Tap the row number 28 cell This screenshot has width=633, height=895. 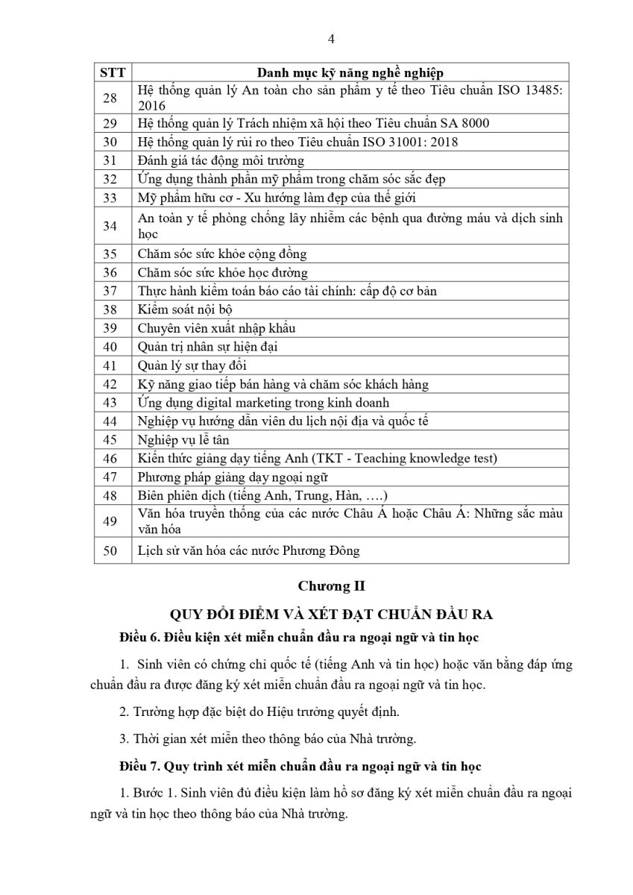coord(110,98)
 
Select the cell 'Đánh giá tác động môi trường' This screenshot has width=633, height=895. coord(221,160)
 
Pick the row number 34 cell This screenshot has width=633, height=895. coord(110,225)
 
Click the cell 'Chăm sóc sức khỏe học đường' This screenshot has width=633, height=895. coord(223,272)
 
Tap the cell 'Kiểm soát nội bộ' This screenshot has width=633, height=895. coord(183,310)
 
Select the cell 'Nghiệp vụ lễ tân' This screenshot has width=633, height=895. coord(183,440)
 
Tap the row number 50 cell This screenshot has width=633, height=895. coord(110,551)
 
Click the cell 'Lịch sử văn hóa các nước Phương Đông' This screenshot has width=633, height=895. coord(249,551)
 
